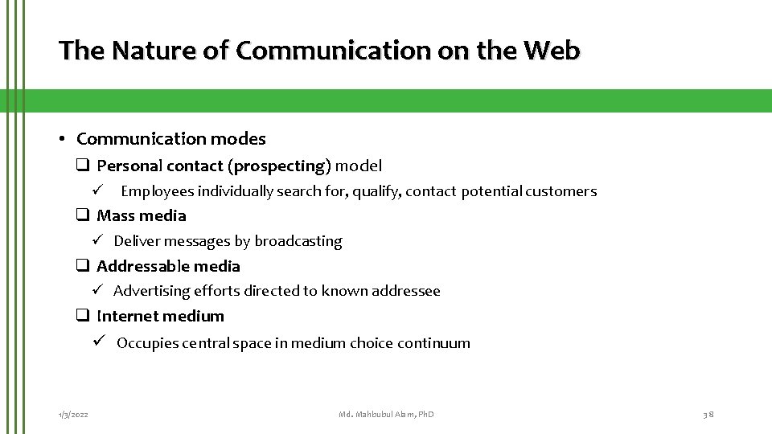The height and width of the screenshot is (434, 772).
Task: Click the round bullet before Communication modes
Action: tap(63, 139)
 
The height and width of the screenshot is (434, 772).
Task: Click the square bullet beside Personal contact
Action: tap(82, 166)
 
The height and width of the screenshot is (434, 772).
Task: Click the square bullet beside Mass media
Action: tap(82, 215)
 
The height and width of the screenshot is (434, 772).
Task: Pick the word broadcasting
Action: tap(298, 241)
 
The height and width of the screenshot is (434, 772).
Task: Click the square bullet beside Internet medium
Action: tap(82, 316)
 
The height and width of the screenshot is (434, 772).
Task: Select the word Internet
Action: tap(125, 316)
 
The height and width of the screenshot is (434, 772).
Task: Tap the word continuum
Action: tap(435, 343)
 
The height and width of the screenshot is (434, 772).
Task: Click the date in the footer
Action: tap(73, 414)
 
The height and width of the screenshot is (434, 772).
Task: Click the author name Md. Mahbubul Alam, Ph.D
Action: tap(386, 414)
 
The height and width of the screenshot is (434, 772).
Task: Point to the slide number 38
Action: tap(708, 414)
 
